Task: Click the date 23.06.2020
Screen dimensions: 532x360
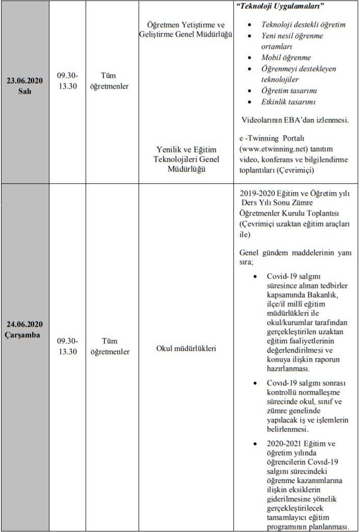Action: click(x=25, y=81)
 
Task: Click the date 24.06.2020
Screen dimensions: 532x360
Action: click(x=25, y=325)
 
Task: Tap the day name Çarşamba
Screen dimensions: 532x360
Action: click(x=25, y=335)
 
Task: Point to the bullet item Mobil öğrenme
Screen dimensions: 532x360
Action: click(x=286, y=58)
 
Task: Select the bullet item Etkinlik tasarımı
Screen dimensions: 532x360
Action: click(x=288, y=101)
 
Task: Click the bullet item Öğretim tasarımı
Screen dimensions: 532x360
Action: click(x=289, y=91)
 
